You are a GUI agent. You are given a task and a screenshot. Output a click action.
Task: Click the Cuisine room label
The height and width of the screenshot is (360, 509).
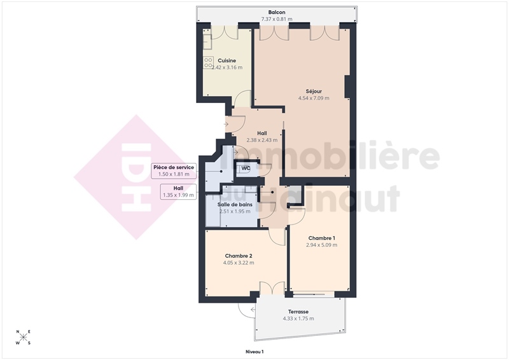tap(227, 60)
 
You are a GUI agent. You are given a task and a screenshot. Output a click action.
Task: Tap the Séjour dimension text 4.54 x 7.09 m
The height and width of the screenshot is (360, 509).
tap(314, 98)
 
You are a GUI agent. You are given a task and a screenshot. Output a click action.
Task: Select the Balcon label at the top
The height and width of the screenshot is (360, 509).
tap(277, 12)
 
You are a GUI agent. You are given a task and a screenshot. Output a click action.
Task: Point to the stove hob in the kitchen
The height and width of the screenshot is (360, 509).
tap(208, 62)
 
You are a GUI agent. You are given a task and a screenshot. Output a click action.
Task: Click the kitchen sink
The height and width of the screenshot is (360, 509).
tap(207, 40)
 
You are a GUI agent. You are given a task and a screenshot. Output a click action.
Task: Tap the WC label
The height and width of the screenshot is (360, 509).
tap(246, 168)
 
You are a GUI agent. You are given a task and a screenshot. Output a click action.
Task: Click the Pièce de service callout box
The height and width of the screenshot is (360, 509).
tap(174, 170)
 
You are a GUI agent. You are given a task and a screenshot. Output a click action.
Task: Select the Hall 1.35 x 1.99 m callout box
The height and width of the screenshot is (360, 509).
tap(178, 191)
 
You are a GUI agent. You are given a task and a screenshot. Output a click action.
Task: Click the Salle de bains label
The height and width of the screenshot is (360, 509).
tap(235, 205)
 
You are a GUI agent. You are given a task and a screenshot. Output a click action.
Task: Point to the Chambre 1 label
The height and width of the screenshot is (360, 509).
tap(322, 239)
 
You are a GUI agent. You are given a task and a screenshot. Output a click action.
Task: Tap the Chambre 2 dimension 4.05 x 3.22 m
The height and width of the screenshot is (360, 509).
tap(239, 263)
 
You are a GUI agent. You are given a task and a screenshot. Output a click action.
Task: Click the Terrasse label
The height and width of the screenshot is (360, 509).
tap(298, 312)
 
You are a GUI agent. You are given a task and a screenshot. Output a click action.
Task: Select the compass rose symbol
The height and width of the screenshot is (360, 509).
tap(24, 337)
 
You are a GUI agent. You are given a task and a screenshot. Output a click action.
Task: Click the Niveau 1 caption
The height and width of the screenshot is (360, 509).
tap(254, 352)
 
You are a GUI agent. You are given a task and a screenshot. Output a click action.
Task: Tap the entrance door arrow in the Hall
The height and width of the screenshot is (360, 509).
tap(226, 124)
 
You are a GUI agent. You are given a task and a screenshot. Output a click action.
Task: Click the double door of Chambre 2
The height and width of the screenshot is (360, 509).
tap(272, 288)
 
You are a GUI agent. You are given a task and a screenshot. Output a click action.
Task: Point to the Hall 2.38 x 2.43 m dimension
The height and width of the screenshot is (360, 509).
tap(262, 140)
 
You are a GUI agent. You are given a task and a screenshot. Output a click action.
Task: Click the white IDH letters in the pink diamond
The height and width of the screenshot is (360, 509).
tap(136, 177)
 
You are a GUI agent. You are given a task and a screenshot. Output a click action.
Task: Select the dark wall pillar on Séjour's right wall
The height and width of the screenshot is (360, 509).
tap(347, 87)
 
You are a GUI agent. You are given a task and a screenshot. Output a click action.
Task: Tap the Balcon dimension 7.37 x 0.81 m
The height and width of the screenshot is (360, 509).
tap(277, 19)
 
